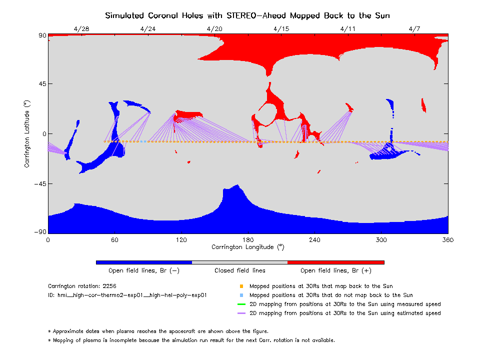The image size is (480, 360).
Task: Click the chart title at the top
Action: [x=247, y=15]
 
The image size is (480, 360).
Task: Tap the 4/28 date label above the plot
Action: [x=81, y=28]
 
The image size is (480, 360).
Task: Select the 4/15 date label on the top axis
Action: [x=281, y=28]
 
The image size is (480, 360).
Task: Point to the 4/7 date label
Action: [x=414, y=28]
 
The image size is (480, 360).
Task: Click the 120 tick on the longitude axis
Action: [x=181, y=240]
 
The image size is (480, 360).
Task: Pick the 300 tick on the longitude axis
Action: [x=381, y=240]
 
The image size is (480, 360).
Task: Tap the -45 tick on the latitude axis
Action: [x=39, y=183]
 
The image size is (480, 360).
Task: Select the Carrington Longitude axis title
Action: [x=248, y=247]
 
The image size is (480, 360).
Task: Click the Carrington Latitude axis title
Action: [x=27, y=133]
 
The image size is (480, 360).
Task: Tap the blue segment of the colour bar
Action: [x=143, y=262]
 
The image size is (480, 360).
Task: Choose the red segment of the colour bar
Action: [x=335, y=262]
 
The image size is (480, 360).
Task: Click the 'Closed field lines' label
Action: [x=240, y=270]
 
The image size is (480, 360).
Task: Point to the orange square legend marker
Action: [x=241, y=286]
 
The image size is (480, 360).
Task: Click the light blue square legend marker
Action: [x=241, y=295]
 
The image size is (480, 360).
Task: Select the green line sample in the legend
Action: [x=241, y=304]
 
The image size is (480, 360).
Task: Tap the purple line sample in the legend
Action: [x=241, y=313]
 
